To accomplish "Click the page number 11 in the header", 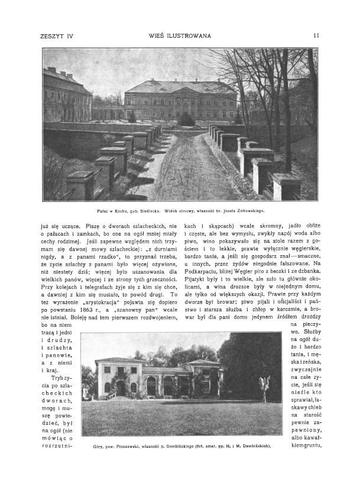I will pyautogui.click(x=317, y=35).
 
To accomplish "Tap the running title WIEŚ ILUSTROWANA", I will pyautogui.click(x=180, y=35).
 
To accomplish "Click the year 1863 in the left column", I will pyautogui.click(x=96, y=309).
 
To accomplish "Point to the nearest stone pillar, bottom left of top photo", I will pyautogui.click(x=80, y=185).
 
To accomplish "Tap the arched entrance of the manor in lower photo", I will pyautogui.click(x=121, y=388).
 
